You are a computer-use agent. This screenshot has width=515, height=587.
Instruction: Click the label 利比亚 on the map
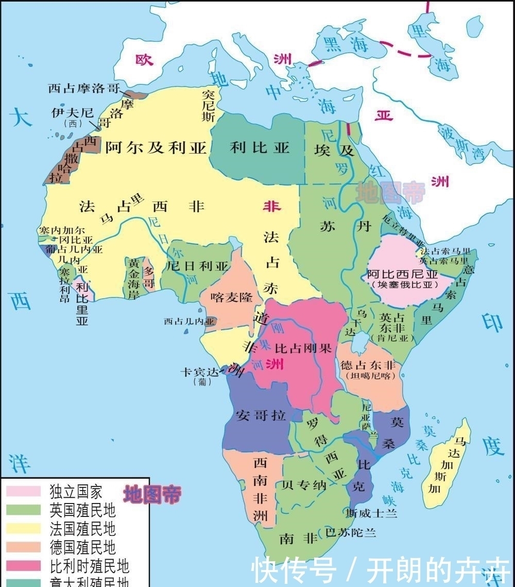tap(260, 148)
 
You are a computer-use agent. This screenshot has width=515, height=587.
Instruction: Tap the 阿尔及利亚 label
tap(156, 148)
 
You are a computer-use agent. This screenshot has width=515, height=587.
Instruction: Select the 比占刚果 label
tap(303, 348)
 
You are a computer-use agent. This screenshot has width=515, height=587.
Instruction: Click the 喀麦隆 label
tap(232, 297)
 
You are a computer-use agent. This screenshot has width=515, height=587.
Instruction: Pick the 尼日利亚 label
tap(197, 266)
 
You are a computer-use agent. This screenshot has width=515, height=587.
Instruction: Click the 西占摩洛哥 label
tap(83, 88)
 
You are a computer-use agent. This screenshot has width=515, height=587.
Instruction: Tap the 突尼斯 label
tap(208, 106)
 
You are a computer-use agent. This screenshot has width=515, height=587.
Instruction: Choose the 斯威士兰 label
tap(371, 513)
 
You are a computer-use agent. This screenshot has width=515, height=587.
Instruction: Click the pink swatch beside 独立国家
tap(23, 490)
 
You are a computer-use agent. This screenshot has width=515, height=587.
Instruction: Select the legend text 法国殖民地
tap(82, 528)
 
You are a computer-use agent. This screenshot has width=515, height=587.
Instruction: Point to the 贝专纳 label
tap(303, 485)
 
